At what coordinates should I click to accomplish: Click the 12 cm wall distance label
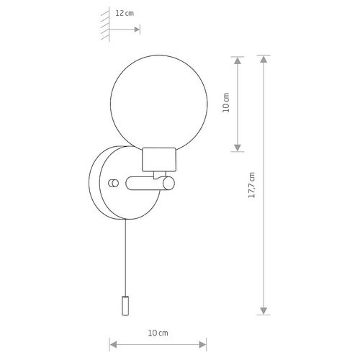(125, 13)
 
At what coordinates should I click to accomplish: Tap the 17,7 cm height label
(252, 185)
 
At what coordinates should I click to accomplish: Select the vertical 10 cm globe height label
(226, 102)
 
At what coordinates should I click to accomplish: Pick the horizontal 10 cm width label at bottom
(158, 333)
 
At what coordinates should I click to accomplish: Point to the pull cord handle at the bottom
(125, 306)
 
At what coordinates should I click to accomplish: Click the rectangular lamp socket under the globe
(159, 160)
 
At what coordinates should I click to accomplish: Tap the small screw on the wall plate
(113, 184)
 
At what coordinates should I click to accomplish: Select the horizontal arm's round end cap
(168, 184)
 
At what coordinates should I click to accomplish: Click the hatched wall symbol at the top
(106, 24)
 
